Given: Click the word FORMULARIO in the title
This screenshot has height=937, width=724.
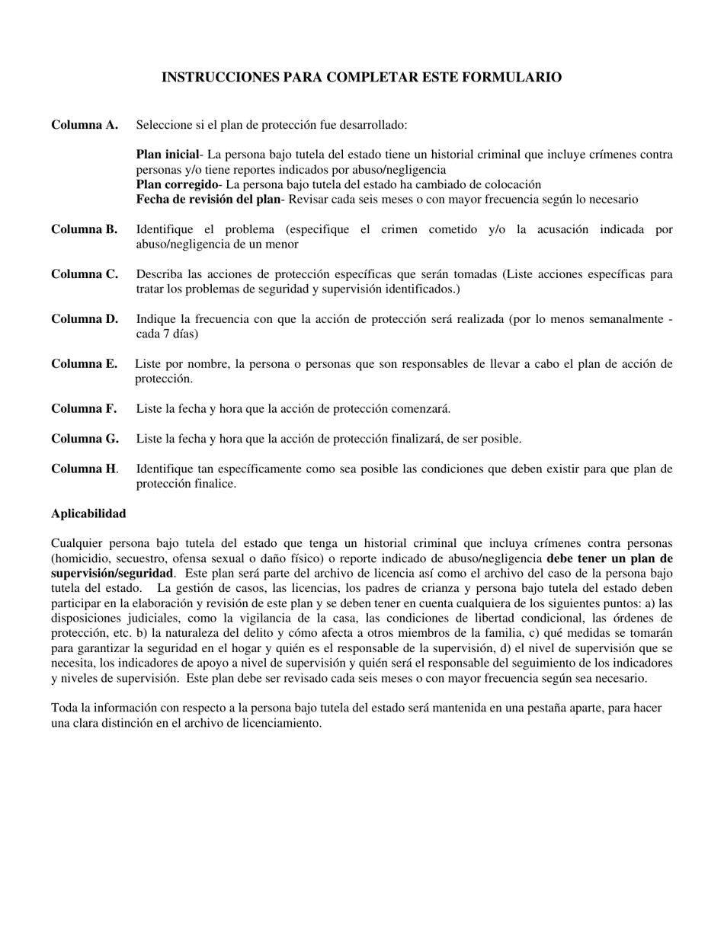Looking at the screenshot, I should tap(518, 77).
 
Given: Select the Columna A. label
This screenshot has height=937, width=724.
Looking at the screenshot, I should tap(85, 125).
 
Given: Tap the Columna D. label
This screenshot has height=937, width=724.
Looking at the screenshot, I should tap(85, 318).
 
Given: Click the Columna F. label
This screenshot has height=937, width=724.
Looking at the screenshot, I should tap(84, 408).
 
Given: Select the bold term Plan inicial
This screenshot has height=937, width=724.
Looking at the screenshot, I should tap(167, 155).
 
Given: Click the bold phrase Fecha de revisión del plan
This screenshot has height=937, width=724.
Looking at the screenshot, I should tap(208, 200).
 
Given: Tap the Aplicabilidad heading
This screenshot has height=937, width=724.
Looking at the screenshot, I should tap(88, 513).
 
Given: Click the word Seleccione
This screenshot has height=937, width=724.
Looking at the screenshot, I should tap(164, 125).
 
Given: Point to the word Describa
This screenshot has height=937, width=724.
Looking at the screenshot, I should tap(159, 274).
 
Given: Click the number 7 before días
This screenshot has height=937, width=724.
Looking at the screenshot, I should tap(164, 334).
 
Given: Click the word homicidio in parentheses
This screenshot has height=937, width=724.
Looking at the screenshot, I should tap(83, 558).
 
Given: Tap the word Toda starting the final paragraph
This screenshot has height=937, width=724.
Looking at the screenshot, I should tap(65, 708).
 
